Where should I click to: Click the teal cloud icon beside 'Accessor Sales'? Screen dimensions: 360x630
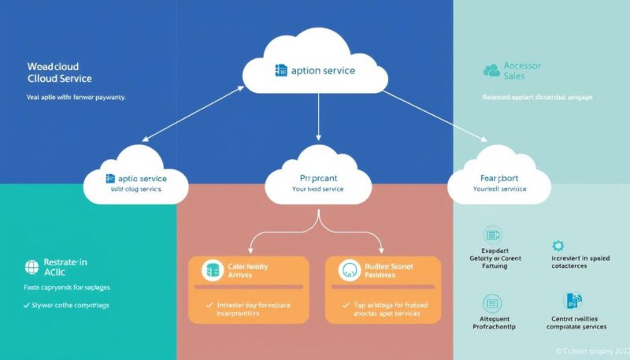(x=491, y=71)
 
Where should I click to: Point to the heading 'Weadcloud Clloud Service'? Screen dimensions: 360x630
(x=54, y=73)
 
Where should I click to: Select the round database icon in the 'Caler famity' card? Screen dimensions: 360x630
(x=212, y=271)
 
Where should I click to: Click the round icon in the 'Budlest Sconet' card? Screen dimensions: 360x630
(x=348, y=271)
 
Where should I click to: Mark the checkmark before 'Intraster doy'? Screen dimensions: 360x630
(x=209, y=304)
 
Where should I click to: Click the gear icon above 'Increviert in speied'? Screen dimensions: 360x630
(x=558, y=246)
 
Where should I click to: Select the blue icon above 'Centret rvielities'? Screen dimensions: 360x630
(x=573, y=301)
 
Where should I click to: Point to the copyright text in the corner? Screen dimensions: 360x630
(x=591, y=350)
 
